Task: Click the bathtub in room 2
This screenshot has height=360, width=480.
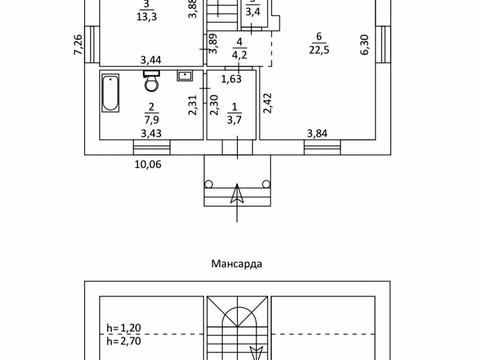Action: coord(110,93)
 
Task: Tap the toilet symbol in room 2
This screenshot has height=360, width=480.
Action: coord(152,81)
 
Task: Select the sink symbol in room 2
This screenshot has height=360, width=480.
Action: coord(184,76)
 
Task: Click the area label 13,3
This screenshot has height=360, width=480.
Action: coord(147,17)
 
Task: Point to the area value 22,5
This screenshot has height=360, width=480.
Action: coord(319,50)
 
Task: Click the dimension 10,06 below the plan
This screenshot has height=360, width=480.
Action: coord(148,164)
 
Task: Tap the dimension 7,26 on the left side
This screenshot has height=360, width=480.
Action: coord(78,45)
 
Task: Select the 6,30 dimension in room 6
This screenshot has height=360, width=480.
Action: coord(365,45)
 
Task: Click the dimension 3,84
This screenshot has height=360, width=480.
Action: coord(317,133)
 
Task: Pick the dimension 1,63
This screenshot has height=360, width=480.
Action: coord(231,79)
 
